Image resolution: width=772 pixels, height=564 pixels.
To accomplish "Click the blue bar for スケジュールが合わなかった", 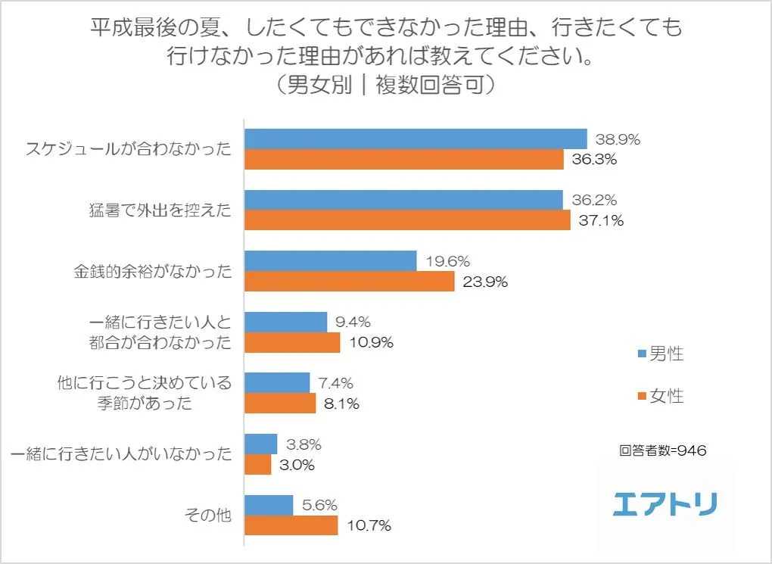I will [415, 139].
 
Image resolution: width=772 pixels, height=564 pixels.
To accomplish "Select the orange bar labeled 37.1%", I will [406, 220].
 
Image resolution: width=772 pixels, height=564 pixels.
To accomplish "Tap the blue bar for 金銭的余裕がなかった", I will [330, 261].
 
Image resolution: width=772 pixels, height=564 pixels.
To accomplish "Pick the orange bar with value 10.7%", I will [291, 525].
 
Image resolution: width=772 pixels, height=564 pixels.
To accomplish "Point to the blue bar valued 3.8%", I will [260, 444].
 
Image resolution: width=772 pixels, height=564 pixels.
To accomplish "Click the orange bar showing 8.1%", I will [279, 403].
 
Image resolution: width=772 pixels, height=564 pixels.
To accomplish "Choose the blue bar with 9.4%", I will [285, 322].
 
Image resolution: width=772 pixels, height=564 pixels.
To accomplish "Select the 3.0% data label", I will [297, 465].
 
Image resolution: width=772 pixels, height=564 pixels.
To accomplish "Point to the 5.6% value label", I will [319, 505].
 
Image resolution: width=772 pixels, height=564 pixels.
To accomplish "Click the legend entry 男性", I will [661, 354].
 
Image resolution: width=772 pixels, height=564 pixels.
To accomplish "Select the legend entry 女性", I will [661, 396].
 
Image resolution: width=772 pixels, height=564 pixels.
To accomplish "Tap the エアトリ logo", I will [665, 503].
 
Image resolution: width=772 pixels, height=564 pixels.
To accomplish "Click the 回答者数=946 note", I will [662, 450].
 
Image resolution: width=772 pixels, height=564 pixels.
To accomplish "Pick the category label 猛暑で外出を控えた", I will [159, 210].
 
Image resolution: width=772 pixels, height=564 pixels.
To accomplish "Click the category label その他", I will [208, 515].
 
